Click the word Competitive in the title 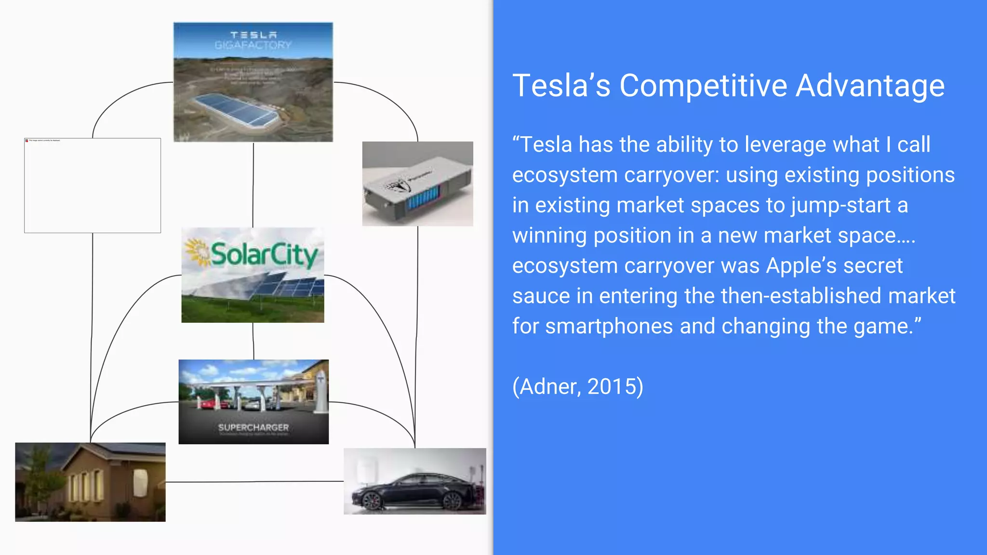click(x=703, y=86)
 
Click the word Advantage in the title click(x=870, y=86)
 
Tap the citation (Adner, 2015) click(x=577, y=386)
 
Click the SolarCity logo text click(x=264, y=254)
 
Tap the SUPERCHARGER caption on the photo click(x=253, y=427)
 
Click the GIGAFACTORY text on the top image click(x=253, y=45)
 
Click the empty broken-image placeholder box click(x=93, y=185)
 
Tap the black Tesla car click(x=414, y=491)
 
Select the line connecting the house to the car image click(x=254, y=481)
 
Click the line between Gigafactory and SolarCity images click(x=253, y=185)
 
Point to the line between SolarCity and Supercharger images click(x=253, y=341)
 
